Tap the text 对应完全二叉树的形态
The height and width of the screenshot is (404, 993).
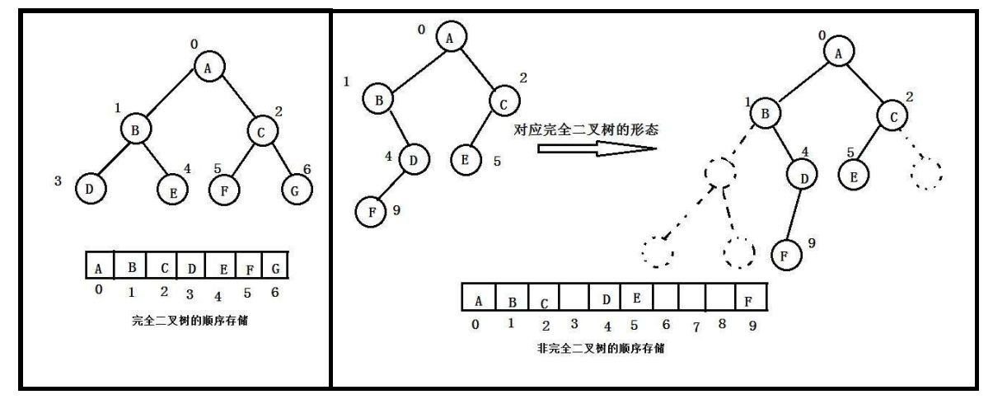coord(587,129)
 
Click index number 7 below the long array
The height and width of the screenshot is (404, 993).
coord(695,326)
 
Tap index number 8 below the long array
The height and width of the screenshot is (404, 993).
coord(722,324)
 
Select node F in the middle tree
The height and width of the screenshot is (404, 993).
coord(371,212)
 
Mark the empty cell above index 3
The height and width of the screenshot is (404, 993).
coord(574,297)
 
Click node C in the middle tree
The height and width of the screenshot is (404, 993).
coord(504,102)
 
